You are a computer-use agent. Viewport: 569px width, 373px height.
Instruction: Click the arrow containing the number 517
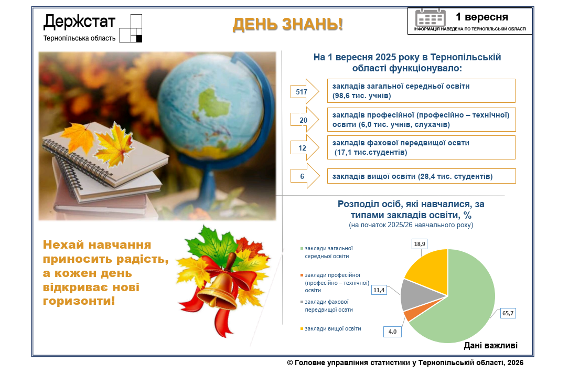305,91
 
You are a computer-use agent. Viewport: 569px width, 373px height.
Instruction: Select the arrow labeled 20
305,120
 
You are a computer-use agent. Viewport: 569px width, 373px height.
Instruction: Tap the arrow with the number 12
305,147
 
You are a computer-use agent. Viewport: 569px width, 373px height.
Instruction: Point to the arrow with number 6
305,176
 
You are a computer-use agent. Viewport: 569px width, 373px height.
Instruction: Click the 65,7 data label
508,313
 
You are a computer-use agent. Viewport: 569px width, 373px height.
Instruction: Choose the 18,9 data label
420,244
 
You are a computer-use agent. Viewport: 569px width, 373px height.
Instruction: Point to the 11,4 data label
379,290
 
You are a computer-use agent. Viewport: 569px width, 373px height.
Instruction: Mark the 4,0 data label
392,331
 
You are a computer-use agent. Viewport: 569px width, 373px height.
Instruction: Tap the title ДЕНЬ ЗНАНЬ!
288,24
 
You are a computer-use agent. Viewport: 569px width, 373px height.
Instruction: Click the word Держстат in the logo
79,22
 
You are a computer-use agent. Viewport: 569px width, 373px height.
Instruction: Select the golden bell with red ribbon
218,290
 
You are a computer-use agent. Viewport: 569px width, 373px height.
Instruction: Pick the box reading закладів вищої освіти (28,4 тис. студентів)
421,176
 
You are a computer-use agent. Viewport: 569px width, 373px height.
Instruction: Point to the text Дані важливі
491,345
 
